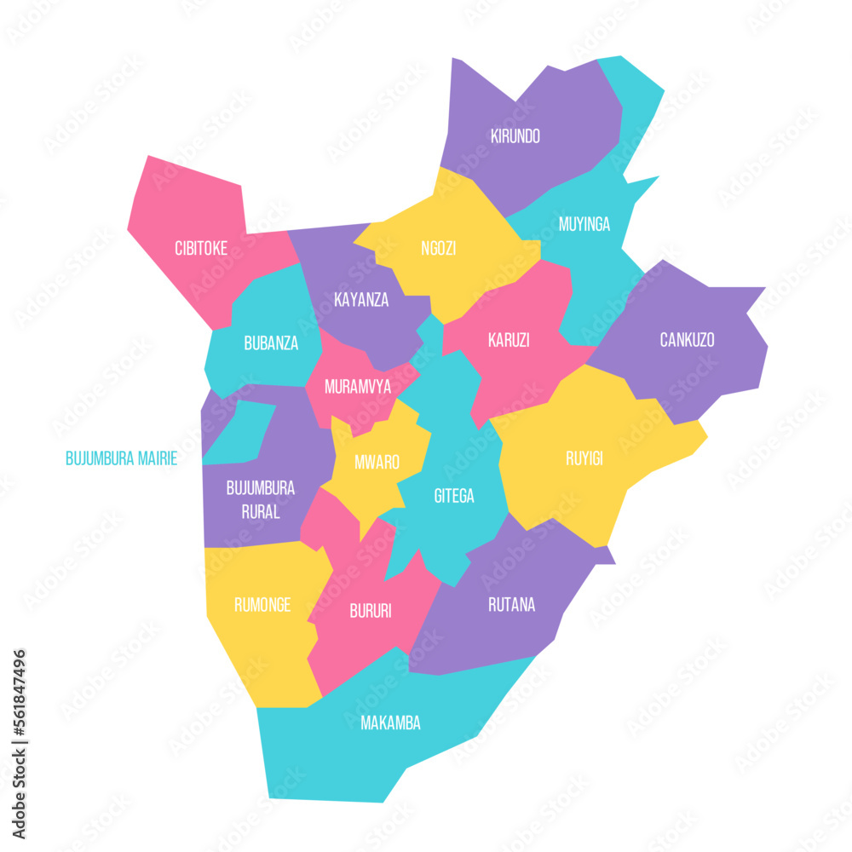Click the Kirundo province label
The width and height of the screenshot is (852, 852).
(x=515, y=135)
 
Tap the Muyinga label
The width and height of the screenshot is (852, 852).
(x=584, y=224)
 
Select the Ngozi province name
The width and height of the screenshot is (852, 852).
(x=438, y=249)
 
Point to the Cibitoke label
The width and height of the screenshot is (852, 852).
(x=200, y=249)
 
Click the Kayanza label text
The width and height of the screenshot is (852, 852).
(x=361, y=300)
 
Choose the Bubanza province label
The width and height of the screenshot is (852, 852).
(x=271, y=343)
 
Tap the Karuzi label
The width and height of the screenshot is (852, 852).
(x=509, y=340)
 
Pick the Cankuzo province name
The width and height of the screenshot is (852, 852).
(x=687, y=340)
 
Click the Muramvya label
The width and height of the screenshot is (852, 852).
(x=358, y=387)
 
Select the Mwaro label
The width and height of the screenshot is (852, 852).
(x=377, y=462)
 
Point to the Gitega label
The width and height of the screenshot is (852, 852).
(x=454, y=496)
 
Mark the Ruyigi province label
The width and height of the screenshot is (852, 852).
(x=584, y=458)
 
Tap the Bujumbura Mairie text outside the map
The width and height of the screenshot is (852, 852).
(x=121, y=458)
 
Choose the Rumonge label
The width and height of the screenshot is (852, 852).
(x=262, y=605)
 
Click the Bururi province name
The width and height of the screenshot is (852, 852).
(x=371, y=611)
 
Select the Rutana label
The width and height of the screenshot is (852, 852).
(x=511, y=605)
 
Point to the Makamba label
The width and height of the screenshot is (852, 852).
(x=390, y=723)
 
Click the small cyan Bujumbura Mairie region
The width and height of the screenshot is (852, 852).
(x=240, y=431)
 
